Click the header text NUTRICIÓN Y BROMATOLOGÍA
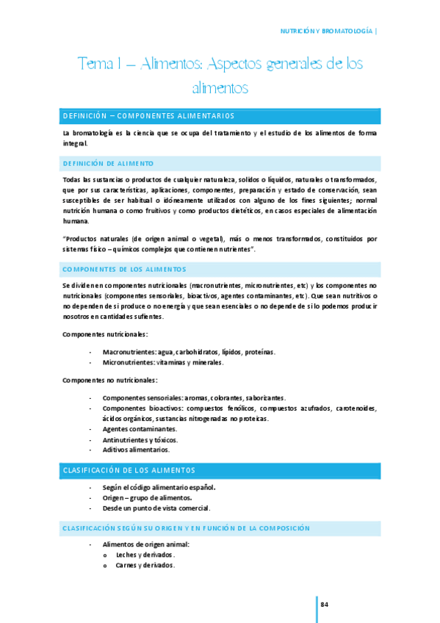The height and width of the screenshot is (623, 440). [x=328, y=32]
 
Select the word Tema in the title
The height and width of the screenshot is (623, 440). [x=93, y=65]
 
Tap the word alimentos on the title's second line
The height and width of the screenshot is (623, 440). [x=220, y=88]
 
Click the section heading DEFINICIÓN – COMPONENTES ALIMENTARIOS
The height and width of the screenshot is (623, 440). [x=149, y=116]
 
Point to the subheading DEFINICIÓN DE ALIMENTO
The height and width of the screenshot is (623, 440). [x=108, y=162]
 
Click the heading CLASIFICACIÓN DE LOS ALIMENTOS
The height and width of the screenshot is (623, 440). [x=129, y=469]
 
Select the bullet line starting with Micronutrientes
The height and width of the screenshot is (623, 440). [x=163, y=363]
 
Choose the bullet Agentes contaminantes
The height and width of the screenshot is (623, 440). [x=140, y=428]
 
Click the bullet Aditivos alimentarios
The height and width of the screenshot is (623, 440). [x=136, y=449]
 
